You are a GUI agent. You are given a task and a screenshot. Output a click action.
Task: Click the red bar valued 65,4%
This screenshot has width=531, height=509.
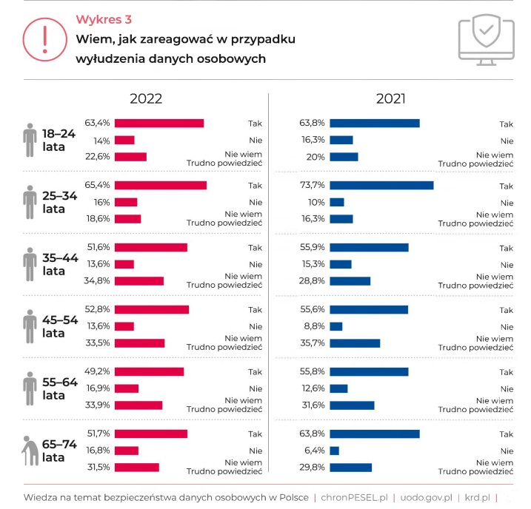pyautogui.click(x=160, y=185)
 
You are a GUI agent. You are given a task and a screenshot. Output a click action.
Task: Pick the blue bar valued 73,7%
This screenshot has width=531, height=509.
pyautogui.click(x=381, y=185)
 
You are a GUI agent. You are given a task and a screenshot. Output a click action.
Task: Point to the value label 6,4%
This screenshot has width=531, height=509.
pyautogui.click(x=315, y=450)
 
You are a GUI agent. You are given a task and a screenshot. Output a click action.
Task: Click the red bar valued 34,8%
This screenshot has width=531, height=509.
pyautogui.click(x=138, y=281)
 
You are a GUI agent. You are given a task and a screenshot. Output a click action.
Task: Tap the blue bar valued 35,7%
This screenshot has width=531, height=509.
pyautogui.click(x=355, y=343)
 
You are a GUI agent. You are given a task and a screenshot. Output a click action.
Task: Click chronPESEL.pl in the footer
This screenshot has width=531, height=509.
pyautogui.click(x=353, y=496)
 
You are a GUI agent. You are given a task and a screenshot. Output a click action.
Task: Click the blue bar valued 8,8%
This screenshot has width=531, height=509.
pyautogui.click(x=336, y=326)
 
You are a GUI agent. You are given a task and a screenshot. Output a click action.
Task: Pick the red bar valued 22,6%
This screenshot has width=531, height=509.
pyautogui.click(x=130, y=157)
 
